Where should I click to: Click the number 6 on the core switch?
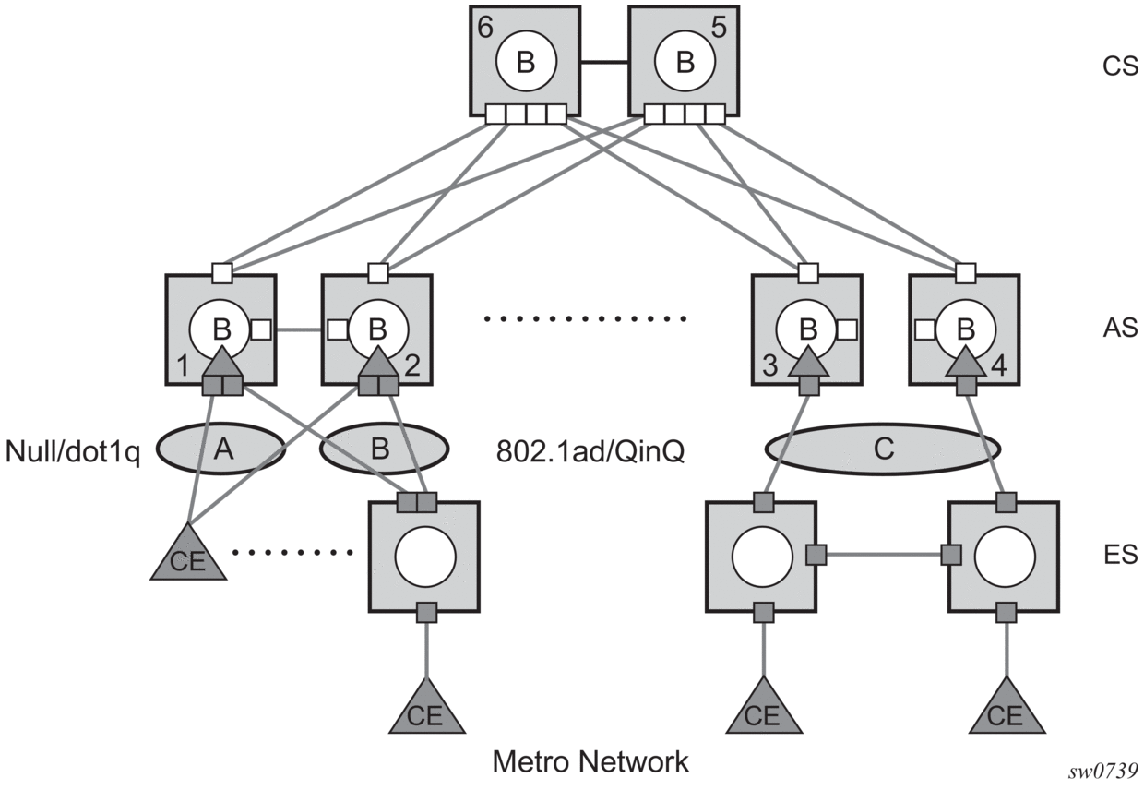tap(485, 27)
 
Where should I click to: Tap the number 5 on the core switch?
tap(719, 27)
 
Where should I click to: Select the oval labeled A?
tap(220, 449)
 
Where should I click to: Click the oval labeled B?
tap(384, 449)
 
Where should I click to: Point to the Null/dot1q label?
tap(73, 452)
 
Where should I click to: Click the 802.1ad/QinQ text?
tap(590, 451)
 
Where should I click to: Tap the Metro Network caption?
tap(590, 761)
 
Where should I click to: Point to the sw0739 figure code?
tap(1102, 772)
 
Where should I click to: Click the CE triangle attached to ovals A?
tap(188, 555)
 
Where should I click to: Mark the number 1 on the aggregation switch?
tap(183, 367)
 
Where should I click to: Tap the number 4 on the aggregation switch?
tap(999, 365)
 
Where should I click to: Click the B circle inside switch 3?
tap(807, 329)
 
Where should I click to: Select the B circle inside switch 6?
tap(526, 62)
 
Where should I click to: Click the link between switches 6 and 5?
tap(604, 63)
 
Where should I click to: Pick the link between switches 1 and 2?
tap(299, 330)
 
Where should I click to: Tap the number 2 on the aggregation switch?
tap(412, 365)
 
